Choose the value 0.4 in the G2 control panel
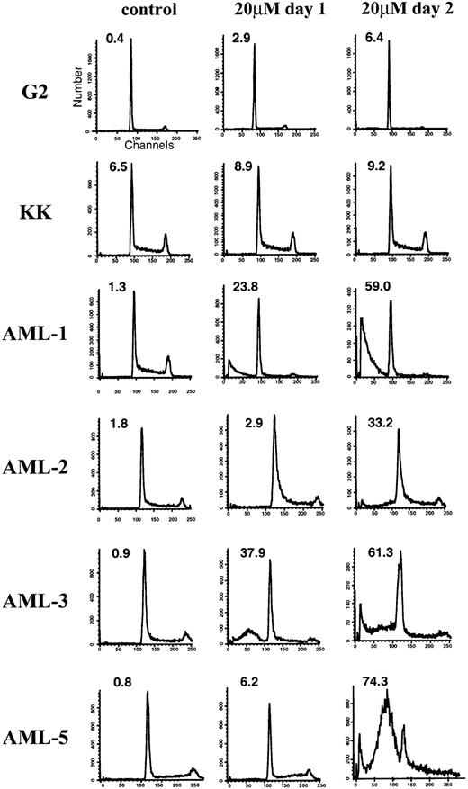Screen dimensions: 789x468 click(113, 38)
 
